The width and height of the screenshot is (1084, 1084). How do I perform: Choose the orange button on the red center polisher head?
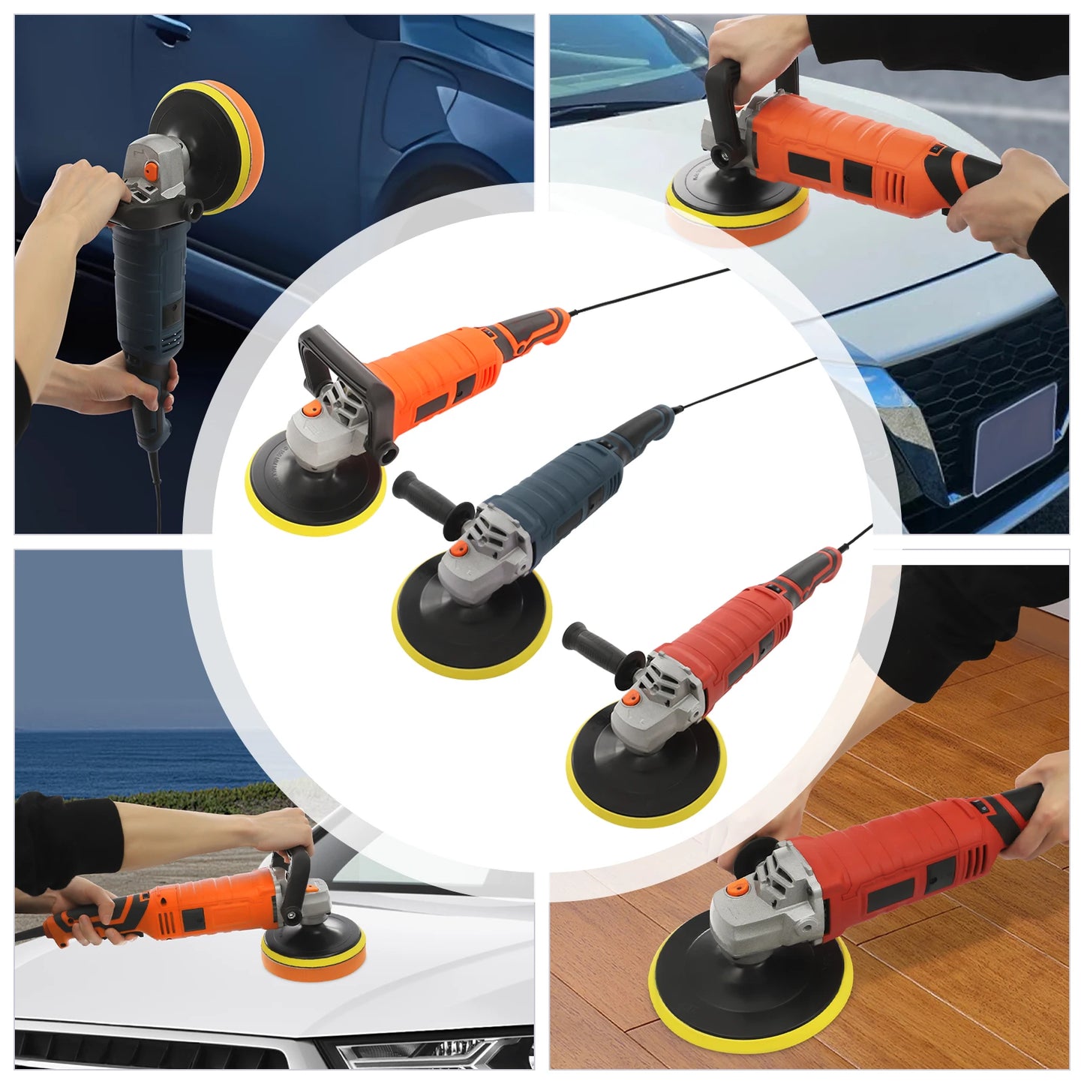(x=631, y=698)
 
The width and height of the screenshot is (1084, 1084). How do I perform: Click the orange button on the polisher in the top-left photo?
(x=152, y=172)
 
